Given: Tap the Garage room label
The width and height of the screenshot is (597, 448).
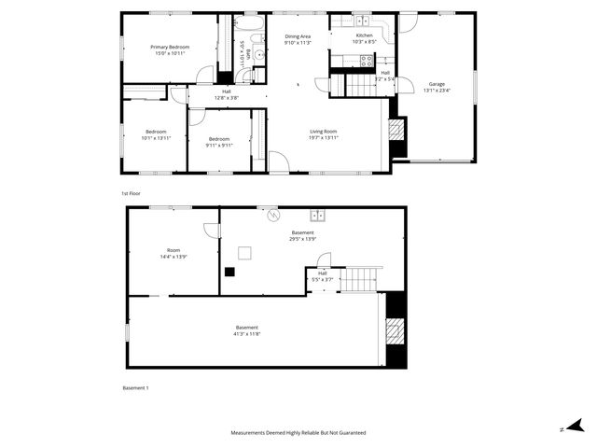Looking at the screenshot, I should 437,87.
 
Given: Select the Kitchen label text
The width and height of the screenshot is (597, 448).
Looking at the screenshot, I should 364,38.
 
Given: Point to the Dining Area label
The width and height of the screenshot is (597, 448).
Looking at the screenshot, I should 298,38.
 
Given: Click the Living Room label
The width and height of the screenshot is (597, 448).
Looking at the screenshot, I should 323,133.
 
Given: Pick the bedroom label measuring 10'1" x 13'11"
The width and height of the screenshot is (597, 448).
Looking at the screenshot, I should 157,134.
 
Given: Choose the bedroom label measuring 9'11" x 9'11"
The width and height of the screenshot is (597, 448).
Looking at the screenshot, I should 219,142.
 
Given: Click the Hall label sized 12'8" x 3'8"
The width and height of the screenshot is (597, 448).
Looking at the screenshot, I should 227,93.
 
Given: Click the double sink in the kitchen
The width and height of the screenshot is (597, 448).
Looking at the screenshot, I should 361,21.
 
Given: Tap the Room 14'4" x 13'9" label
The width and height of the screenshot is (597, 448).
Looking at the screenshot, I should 174,252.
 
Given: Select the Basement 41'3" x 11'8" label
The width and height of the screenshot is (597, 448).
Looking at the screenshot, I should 247,330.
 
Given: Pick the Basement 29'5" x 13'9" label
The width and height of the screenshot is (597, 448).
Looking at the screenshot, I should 302,235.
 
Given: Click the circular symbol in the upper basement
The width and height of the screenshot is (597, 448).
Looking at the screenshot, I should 273,216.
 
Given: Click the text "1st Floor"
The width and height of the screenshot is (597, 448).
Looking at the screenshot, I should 131,193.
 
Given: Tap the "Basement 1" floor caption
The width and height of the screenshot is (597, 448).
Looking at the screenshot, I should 135,387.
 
